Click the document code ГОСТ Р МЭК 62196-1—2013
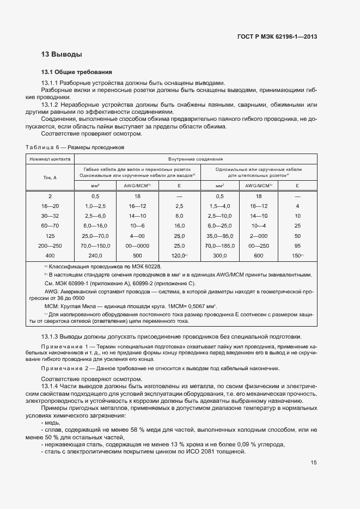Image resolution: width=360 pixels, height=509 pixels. click(278, 36)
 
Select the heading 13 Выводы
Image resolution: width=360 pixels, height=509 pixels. click(62, 54)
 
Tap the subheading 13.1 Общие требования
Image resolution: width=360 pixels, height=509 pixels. click(77, 72)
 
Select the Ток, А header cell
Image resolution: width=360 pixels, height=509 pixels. click(50, 177)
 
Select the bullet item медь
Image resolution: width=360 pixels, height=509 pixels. click(52, 422)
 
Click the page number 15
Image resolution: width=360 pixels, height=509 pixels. click(314, 463)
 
